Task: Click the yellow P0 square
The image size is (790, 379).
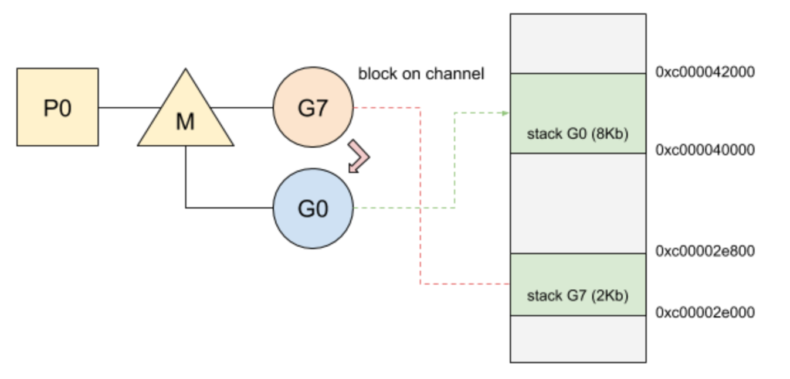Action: coord(57,107)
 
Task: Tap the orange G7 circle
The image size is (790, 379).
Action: coord(313,107)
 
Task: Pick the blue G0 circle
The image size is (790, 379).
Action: coord(313,209)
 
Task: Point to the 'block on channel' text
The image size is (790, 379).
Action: coord(421,74)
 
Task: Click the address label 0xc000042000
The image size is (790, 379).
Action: coord(705,72)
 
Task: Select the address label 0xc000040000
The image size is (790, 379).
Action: coord(705,150)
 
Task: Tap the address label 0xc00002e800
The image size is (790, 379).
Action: coord(705,251)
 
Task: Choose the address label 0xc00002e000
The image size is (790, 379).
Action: coord(705,312)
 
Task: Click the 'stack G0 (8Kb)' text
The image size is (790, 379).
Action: coord(578,134)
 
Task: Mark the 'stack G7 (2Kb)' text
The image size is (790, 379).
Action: coord(578,295)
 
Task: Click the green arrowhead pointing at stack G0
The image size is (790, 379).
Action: coord(506,113)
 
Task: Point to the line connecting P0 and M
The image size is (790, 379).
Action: coord(130,107)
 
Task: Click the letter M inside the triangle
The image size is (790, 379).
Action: coord(185,122)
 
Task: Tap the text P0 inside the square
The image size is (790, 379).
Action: coord(57,108)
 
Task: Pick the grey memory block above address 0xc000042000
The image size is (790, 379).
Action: coord(578,44)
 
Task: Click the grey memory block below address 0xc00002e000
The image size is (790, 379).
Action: coord(578,339)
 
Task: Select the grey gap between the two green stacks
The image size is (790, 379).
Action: coord(578,203)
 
